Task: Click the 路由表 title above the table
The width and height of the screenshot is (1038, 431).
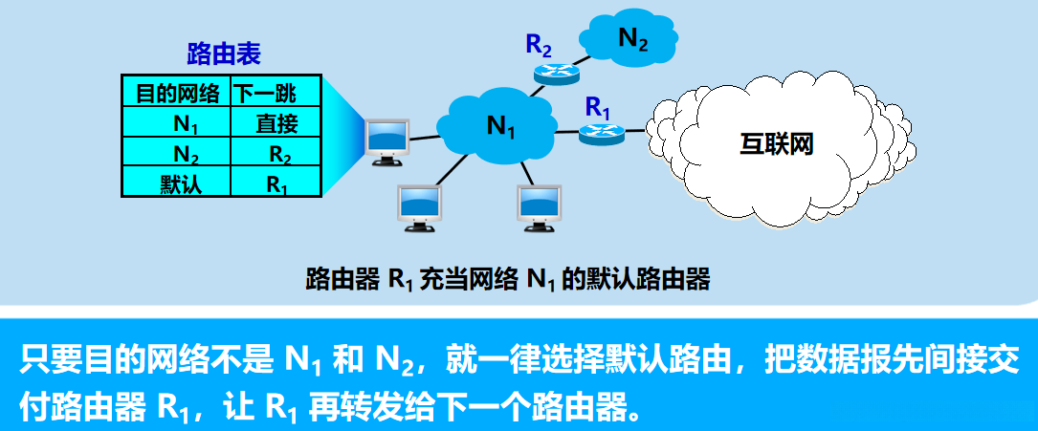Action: click(x=223, y=54)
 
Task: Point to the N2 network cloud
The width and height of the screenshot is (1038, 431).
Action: click(x=629, y=40)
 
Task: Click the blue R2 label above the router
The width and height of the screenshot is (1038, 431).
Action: click(x=539, y=43)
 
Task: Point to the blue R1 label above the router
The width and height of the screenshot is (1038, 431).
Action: click(x=597, y=106)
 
